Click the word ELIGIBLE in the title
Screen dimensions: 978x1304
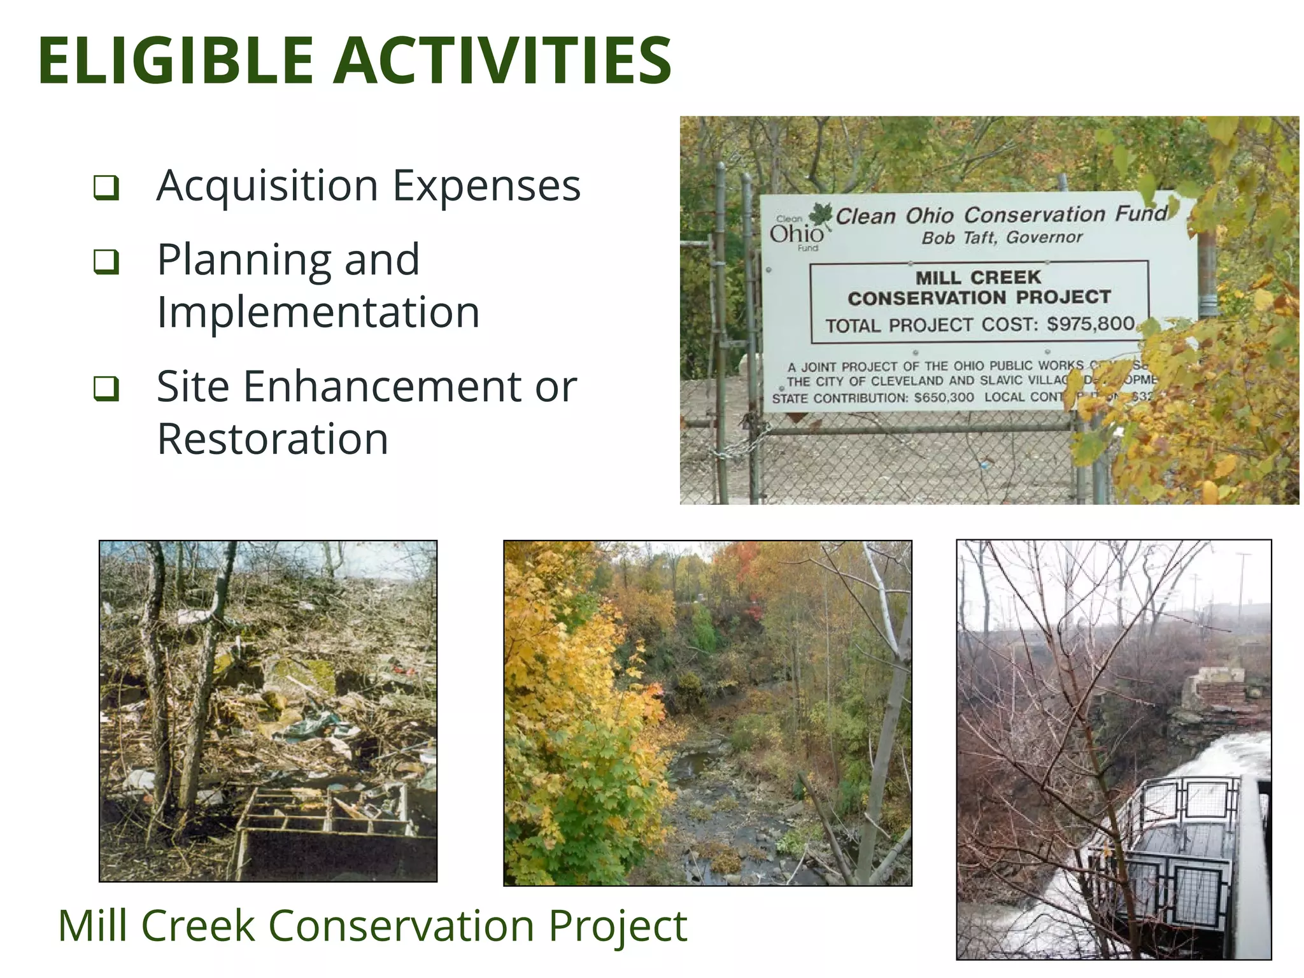coord(176,60)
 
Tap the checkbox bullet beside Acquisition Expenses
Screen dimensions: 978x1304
coord(106,188)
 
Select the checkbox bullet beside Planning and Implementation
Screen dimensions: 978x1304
coord(106,261)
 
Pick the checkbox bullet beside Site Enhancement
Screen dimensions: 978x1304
coord(106,388)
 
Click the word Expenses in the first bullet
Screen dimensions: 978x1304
coord(486,187)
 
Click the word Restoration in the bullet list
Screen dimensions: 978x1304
coord(273,439)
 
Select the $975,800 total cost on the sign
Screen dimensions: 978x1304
coord(1091,323)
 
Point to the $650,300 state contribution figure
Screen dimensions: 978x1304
coord(944,398)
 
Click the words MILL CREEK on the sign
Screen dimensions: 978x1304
coord(978,278)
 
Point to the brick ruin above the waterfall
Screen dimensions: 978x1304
coord(1213,688)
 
